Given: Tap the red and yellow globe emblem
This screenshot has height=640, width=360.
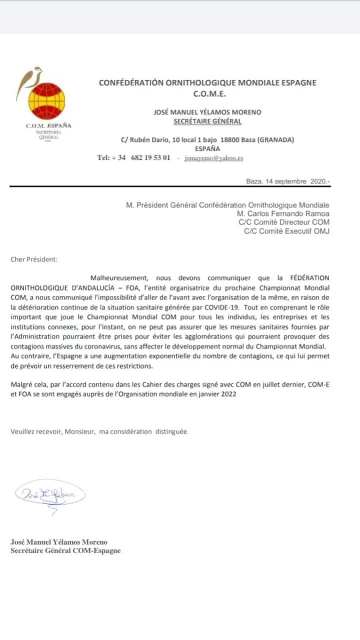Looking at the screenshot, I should point(47,101).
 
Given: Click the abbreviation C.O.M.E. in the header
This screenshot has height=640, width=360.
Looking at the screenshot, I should point(207,94).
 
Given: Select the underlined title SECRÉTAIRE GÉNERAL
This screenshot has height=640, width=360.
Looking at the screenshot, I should point(207,121).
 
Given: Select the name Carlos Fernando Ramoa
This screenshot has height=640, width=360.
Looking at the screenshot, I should point(290,213).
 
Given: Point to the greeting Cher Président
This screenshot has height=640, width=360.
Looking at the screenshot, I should point(33,260).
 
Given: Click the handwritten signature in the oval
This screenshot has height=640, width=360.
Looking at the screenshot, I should point(49,494).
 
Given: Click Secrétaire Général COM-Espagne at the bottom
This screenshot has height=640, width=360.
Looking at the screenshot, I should point(66,551).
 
